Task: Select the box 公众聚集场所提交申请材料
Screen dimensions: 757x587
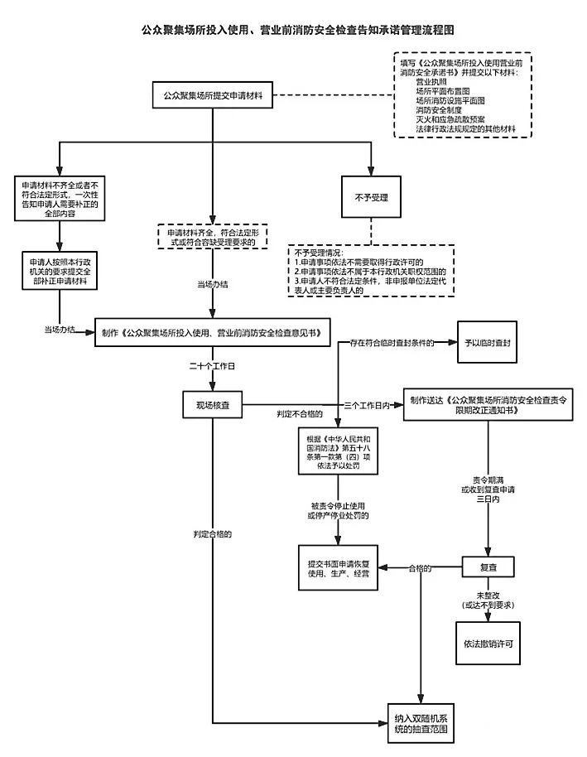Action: [213, 95]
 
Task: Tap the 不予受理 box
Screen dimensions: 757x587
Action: [371, 198]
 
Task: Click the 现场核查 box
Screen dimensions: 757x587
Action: [213, 404]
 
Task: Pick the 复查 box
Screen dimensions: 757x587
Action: [488, 568]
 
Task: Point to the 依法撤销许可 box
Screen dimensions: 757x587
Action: [488, 644]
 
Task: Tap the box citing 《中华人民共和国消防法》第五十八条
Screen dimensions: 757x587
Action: [339, 451]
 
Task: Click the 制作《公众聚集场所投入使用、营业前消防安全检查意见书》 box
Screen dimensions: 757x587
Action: [213, 332]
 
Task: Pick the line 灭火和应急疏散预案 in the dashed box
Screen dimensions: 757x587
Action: [456, 119]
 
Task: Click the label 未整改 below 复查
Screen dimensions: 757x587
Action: [488, 595]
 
